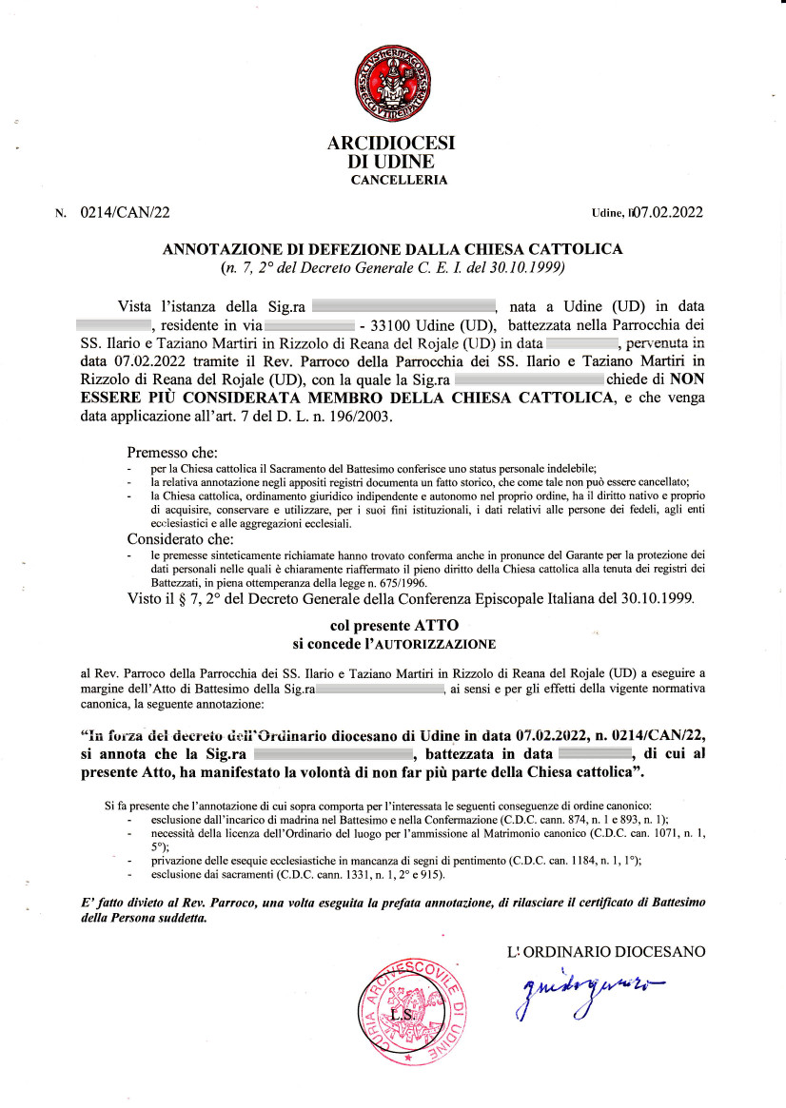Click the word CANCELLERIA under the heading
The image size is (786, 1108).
click(399, 180)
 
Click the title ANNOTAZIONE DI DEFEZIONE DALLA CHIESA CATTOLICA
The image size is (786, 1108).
click(393, 249)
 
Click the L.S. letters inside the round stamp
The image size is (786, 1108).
click(403, 1016)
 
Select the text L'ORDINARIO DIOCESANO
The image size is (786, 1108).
click(607, 950)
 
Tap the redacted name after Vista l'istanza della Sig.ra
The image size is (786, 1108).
click(403, 305)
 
